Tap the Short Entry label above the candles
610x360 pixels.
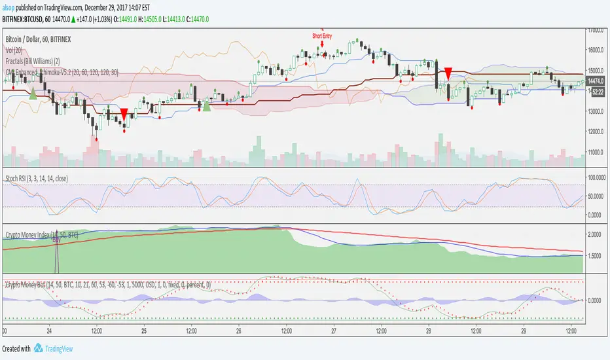(x=321, y=37)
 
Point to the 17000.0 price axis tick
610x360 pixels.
(x=596, y=30)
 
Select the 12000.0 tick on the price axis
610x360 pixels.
(x=596, y=132)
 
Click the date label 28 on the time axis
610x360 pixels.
(x=428, y=331)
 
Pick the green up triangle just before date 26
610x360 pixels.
(x=206, y=106)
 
